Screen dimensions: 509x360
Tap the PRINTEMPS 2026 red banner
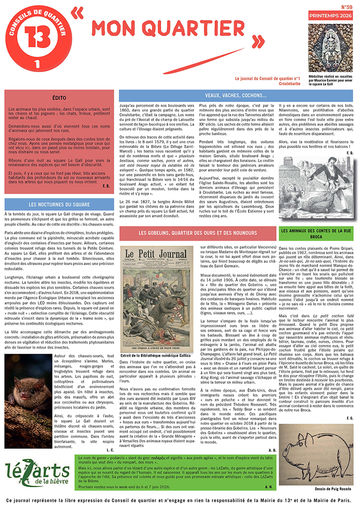[x=330, y=16]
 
